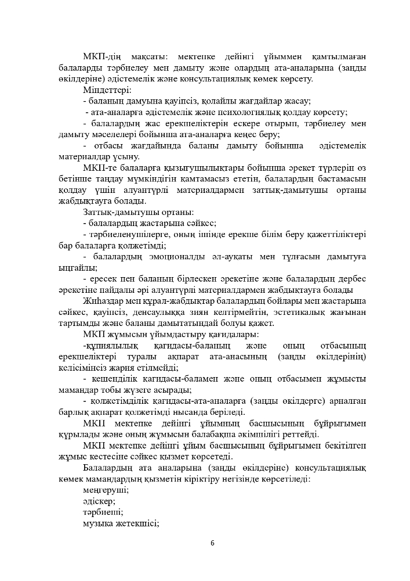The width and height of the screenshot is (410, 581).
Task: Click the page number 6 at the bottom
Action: [212, 543]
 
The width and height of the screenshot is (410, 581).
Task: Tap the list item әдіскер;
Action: [99, 501]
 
